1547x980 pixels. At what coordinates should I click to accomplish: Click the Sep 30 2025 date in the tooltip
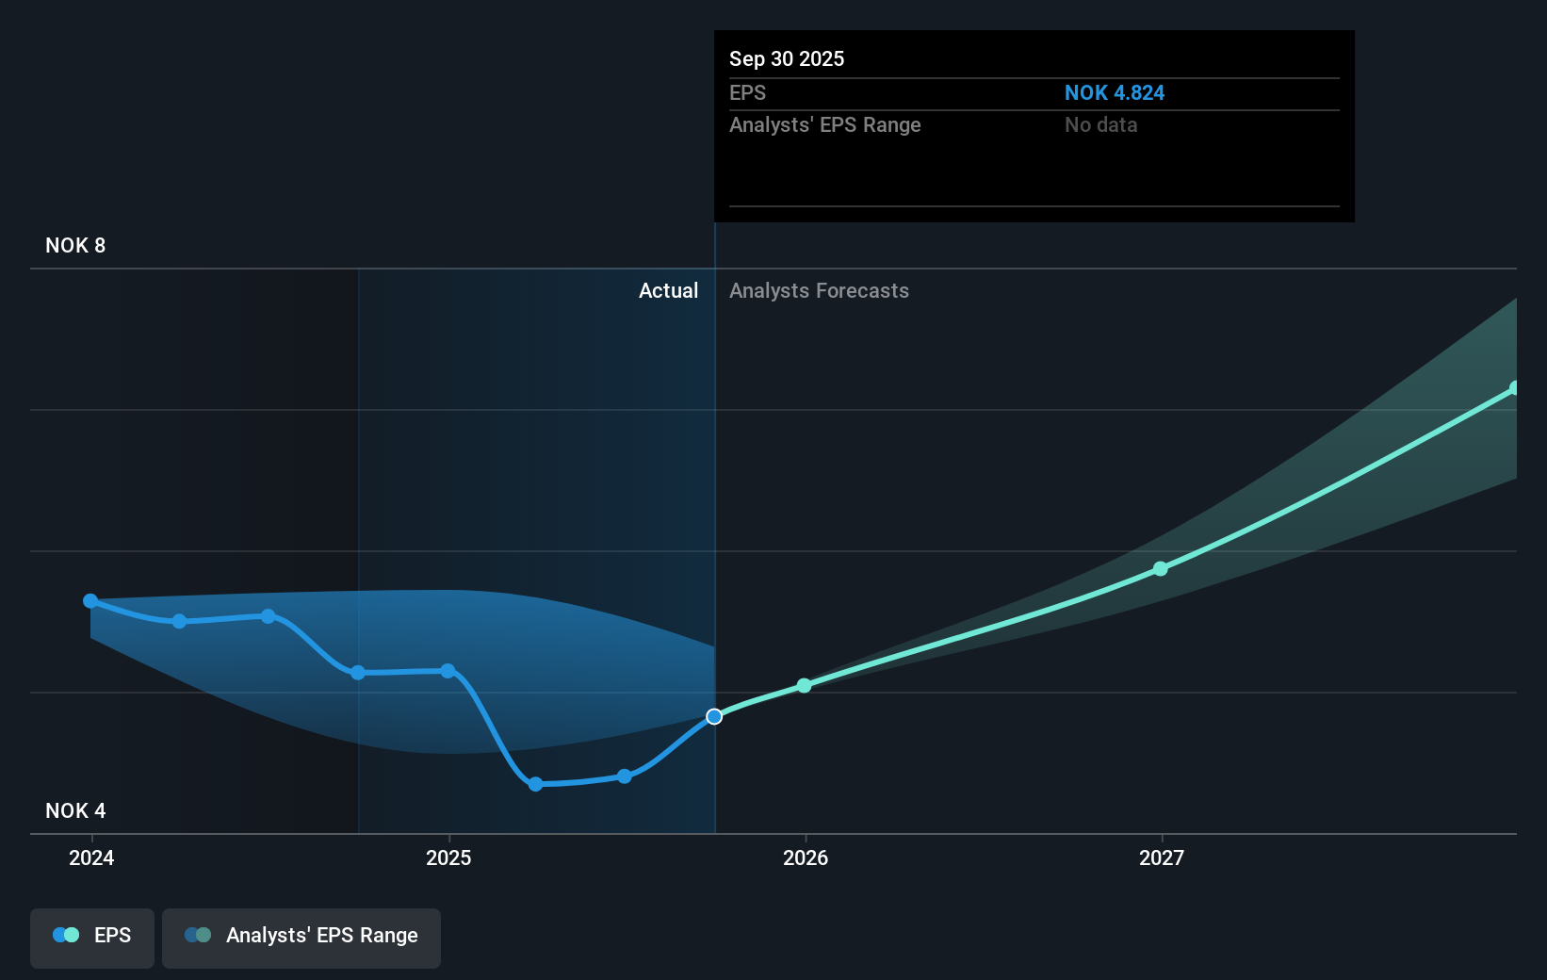pos(787,58)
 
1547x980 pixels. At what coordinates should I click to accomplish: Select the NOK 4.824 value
pos(1114,92)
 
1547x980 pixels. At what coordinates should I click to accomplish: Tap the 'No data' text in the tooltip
pos(1100,124)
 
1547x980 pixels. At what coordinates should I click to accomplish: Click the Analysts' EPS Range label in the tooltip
pos(824,124)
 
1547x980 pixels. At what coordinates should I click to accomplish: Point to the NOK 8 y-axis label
pos(75,245)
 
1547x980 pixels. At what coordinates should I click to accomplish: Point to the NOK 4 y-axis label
pos(75,810)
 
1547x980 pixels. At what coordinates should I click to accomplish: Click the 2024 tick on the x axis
pos(91,857)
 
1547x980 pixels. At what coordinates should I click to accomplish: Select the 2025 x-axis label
pos(448,857)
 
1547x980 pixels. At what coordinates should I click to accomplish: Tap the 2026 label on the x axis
pos(806,857)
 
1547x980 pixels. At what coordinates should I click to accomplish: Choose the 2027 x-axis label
pos(1161,857)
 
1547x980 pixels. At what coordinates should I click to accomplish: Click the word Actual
pos(668,290)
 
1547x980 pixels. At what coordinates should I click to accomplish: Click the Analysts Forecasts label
pos(819,290)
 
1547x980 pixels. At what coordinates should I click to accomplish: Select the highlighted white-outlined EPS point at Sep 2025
pos(714,716)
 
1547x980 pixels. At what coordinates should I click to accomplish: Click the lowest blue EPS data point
pos(535,784)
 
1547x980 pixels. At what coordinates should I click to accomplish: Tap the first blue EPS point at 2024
pos(90,601)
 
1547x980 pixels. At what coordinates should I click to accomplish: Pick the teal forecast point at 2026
pos(804,685)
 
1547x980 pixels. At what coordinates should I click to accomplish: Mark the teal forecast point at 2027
pos(1161,568)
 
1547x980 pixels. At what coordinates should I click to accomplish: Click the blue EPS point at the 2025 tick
pos(448,671)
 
